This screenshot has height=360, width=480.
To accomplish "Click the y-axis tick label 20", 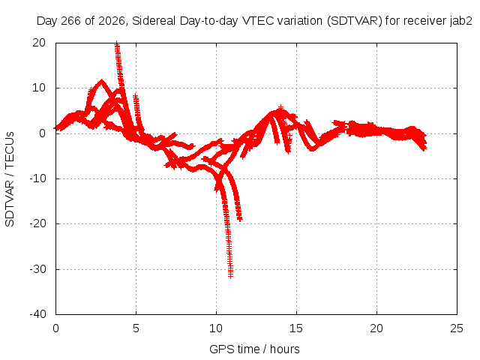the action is pyautogui.click(x=39, y=43).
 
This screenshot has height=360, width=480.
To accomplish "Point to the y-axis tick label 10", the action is pyautogui.click(x=39, y=88).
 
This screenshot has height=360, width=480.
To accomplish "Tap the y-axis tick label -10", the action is pyautogui.click(x=37, y=178).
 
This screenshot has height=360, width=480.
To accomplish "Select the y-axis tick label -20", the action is pyautogui.click(x=37, y=223).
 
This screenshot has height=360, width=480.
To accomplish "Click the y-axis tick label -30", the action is pyautogui.click(x=37, y=269).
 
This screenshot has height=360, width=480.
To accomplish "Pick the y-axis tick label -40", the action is pyautogui.click(x=37, y=314).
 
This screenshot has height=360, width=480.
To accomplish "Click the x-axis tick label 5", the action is pyautogui.click(x=136, y=328).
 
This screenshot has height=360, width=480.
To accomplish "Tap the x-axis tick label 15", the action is pyautogui.click(x=296, y=328).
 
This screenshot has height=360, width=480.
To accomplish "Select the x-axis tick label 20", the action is pyautogui.click(x=376, y=328).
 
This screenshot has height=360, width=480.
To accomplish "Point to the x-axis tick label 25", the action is pyautogui.click(x=457, y=328).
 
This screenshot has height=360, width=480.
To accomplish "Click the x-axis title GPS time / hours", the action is pyautogui.click(x=254, y=349).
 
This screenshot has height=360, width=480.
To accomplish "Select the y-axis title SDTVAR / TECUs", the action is pyautogui.click(x=10, y=179).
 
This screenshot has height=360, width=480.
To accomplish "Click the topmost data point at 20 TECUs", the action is pyautogui.click(x=117, y=43).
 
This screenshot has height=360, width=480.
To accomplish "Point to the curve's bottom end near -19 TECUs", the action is pyautogui.click(x=240, y=219).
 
